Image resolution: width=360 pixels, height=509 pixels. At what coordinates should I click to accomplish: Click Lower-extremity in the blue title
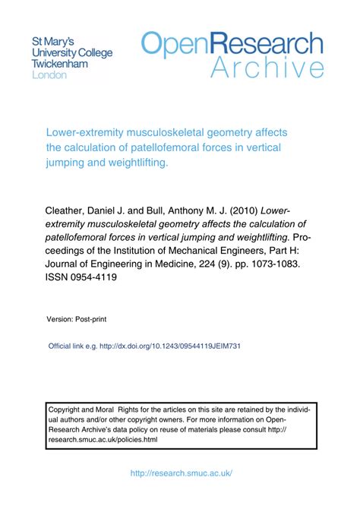tap(86, 132)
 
